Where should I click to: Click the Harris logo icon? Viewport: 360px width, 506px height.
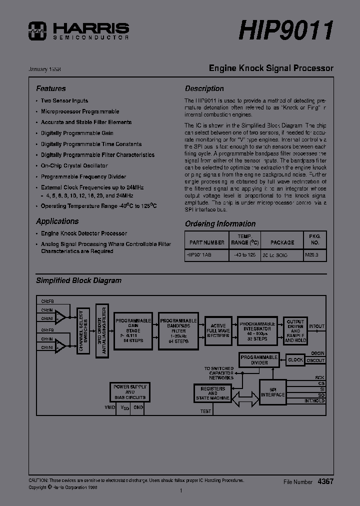[37, 30]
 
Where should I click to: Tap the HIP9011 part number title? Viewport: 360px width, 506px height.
[286, 30]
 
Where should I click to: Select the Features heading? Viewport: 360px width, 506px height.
[50, 88]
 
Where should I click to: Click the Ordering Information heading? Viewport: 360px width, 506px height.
[220, 224]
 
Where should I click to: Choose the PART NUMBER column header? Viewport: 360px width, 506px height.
[206, 242]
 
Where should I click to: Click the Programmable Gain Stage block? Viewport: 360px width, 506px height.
[133, 330]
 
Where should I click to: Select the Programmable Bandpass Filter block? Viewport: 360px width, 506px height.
[178, 330]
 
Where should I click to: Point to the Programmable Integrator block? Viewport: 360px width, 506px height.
[257, 330]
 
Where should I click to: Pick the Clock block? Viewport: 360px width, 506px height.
[295, 359]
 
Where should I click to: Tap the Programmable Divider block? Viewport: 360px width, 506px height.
[258, 360]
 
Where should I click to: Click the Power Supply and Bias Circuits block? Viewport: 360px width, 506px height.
[129, 392]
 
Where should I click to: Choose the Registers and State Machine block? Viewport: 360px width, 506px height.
[212, 393]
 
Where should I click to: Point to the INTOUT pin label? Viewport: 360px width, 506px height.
[316, 326]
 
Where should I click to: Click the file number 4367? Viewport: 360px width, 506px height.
[325, 481]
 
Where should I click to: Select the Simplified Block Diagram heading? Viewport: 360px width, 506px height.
[78, 280]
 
